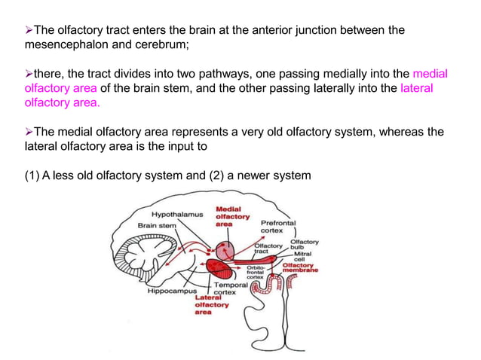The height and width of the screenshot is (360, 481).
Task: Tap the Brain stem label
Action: tap(156, 224)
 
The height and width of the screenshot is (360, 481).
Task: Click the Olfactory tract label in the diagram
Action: tap(268, 248)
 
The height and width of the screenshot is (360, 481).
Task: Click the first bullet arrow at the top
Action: tap(29, 30)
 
